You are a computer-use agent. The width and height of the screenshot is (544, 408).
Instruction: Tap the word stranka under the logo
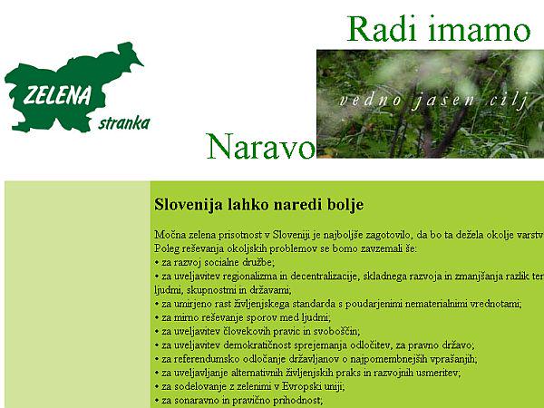coord(123,122)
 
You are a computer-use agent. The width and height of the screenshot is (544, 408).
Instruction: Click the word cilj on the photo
coord(510,100)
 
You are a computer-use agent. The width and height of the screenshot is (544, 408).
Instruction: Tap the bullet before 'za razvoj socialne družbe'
coord(157,261)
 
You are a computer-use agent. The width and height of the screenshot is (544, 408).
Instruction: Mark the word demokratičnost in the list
coord(267,345)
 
